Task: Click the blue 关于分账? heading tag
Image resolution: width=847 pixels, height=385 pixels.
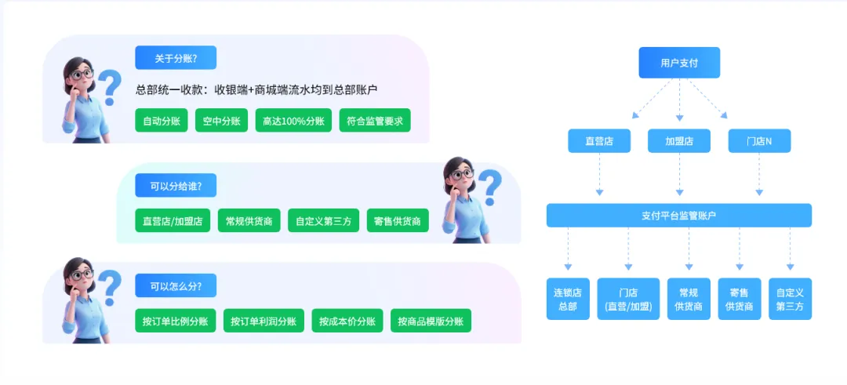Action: click(x=176, y=58)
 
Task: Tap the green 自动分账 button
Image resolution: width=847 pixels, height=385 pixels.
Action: click(x=162, y=120)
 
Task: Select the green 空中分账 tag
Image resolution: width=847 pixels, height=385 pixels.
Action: click(x=221, y=120)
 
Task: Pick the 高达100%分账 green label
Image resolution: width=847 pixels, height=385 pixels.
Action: click(x=293, y=120)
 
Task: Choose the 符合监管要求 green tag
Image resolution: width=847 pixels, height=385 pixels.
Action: click(x=375, y=120)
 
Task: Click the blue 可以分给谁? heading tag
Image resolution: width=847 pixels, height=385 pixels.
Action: click(x=176, y=186)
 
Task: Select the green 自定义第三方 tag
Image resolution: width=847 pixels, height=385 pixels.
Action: click(x=317, y=221)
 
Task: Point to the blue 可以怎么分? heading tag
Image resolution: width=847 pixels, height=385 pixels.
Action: click(x=176, y=285)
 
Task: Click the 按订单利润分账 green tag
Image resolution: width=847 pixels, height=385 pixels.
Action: click(x=264, y=321)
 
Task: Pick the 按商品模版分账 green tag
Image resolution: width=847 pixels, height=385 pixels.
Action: click(x=431, y=321)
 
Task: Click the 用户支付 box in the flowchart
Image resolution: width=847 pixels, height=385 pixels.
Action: click(x=679, y=63)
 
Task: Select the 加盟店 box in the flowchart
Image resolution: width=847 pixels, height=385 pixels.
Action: click(x=679, y=141)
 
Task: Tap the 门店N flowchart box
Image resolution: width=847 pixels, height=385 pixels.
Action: click(x=759, y=141)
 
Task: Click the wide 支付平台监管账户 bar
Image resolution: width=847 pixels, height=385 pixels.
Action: click(x=679, y=216)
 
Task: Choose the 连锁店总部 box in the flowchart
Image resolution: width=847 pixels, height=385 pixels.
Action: click(x=568, y=299)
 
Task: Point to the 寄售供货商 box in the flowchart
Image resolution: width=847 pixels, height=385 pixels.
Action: click(x=740, y=299)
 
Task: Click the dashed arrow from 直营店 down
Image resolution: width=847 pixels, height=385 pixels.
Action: click(x=599, y=174)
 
